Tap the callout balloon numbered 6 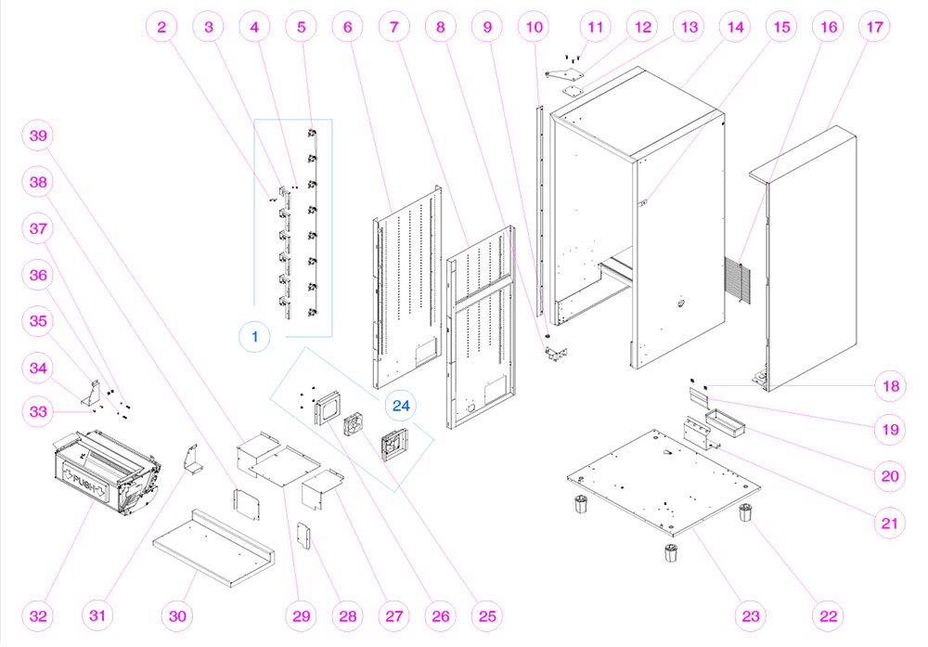tap(348, 27)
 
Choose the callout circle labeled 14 tap(735, 27)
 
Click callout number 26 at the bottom tap(441, 615)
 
